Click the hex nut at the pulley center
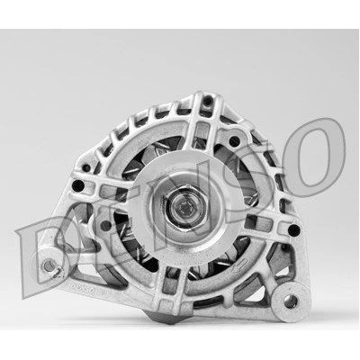185,208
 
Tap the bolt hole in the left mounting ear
48,265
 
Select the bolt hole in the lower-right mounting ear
290,301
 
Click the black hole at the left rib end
78,185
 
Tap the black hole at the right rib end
293,230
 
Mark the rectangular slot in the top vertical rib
199,132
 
